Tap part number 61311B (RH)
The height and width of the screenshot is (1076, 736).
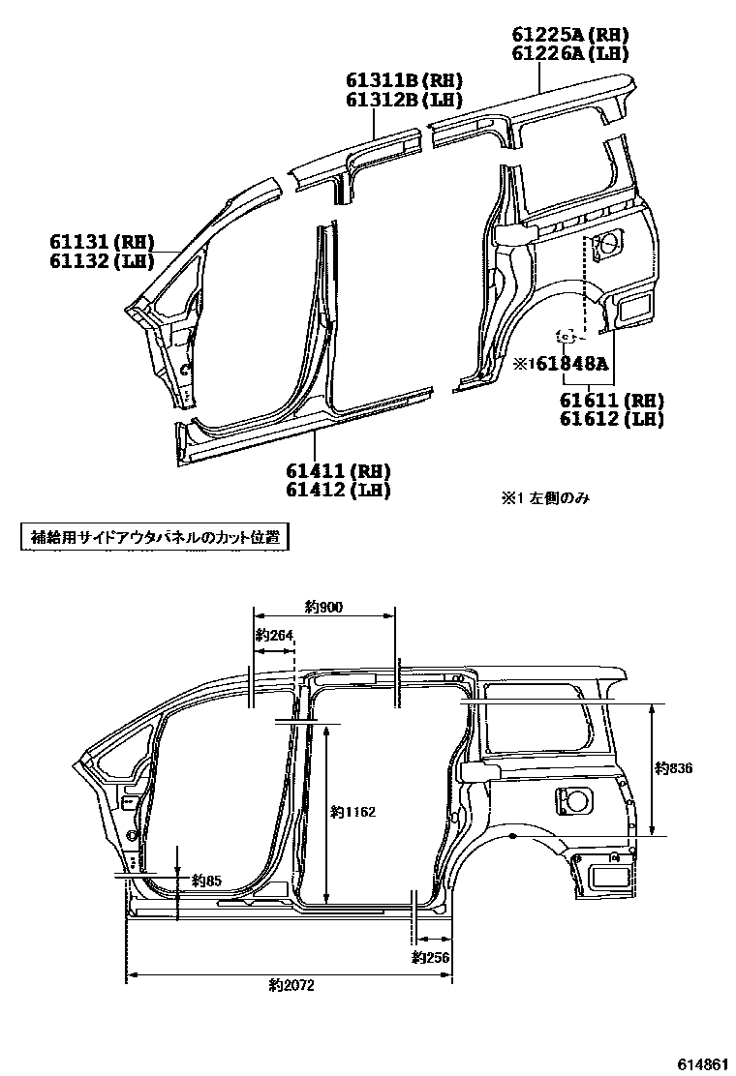point(404,80)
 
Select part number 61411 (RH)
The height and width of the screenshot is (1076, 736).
point(337,471)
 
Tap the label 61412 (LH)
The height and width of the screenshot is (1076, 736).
point(337,490)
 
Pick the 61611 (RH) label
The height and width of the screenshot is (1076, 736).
point(611,400)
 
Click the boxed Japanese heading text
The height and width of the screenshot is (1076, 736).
point(155,537)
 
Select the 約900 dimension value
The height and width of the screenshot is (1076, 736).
point(323,608)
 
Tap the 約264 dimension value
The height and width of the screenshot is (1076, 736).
point(274,636)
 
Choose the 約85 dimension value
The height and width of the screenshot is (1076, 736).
point(206,881)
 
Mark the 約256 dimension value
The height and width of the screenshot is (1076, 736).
point(432,957)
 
